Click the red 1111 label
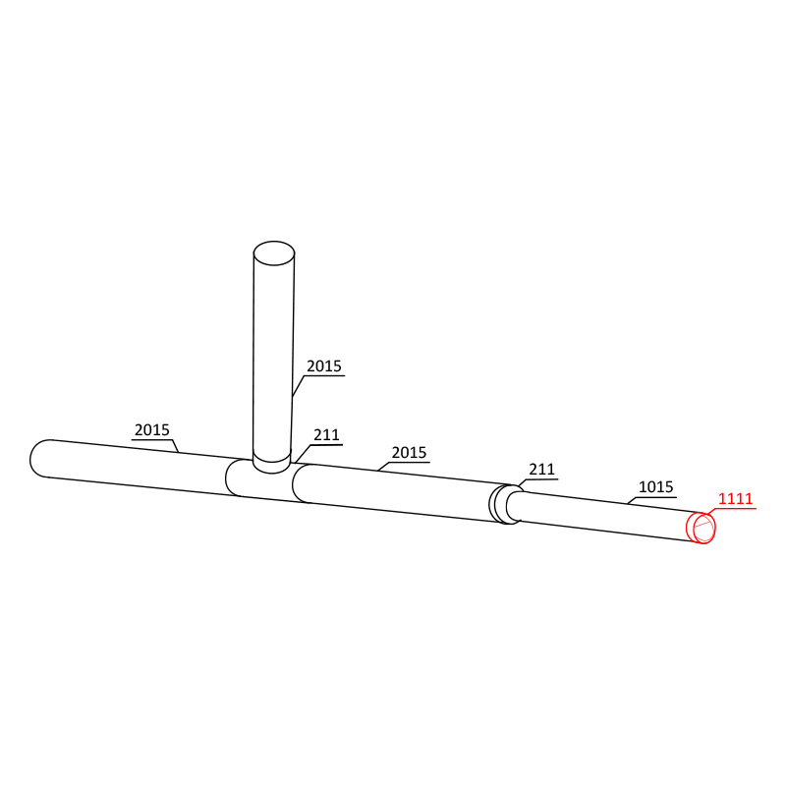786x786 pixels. (735, 499)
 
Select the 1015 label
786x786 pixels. (655, 486)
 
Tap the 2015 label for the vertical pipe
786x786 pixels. (324, 365)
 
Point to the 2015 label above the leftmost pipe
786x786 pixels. (152, 430)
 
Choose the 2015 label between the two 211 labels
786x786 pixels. (409, 453)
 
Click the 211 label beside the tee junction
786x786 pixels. (326, 434)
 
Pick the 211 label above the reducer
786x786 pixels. (541, 470)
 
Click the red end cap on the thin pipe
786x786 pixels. (701, 528)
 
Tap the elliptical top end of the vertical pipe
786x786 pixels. (274, 253)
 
